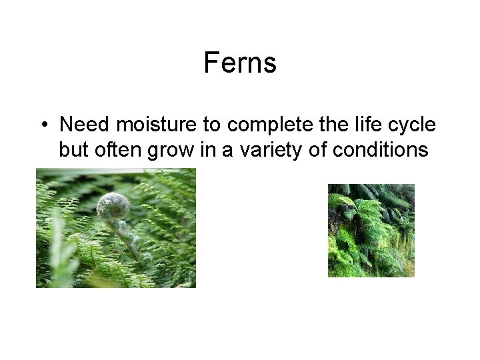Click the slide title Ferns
pos(239,63)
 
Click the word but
pos(71,149)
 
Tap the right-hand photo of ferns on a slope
pos(371,230)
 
